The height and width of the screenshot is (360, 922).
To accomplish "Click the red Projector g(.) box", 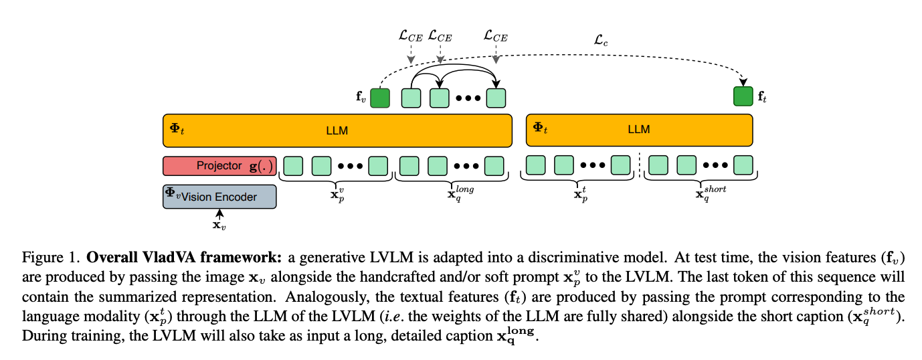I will [x=219, y=165].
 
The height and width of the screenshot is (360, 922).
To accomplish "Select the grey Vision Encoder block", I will [x=219, y=197].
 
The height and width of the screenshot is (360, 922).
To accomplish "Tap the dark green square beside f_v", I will [x=380, y=98].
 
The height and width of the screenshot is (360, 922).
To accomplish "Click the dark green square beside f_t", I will [x=743, y=97].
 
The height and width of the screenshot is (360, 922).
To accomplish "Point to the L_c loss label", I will [x=601, y=40].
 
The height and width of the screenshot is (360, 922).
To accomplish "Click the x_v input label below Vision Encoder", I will [x=219, y=225].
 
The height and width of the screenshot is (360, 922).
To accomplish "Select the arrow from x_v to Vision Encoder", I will [x=219, y=213].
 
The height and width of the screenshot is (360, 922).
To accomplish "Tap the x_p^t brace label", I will [x=580, y=193].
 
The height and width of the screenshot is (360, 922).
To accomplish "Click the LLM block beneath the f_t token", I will [x=639, y=130].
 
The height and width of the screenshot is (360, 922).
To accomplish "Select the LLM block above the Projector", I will [x=337, y=130].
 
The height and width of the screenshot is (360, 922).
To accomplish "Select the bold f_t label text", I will [x=763, y=98].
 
